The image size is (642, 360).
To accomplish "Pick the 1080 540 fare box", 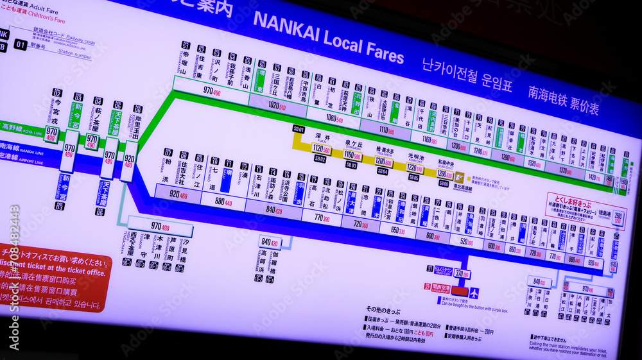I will (x=336, y=118).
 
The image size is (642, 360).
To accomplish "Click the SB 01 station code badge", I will (x=299, y=128).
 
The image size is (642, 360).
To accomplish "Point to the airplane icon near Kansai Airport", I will (x=473, y=293).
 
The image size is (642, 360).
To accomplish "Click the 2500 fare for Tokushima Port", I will (x=618, y=216).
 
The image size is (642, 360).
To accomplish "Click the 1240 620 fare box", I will (x=481, y=151).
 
